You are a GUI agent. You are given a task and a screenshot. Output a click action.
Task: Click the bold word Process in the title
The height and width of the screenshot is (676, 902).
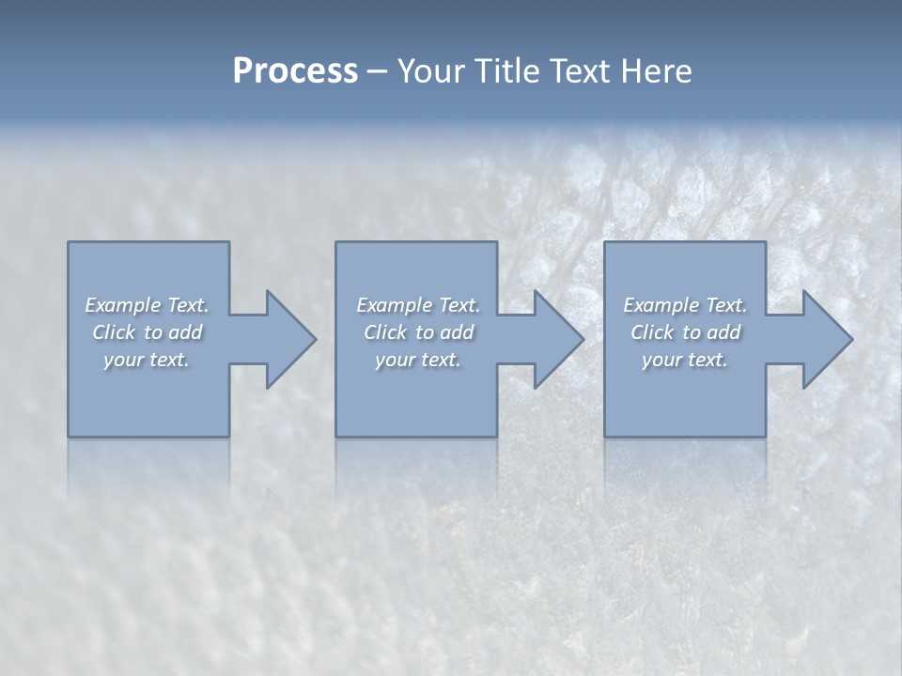click(295, 71)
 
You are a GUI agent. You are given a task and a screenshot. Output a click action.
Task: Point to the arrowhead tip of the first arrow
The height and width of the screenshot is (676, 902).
click(316, 339)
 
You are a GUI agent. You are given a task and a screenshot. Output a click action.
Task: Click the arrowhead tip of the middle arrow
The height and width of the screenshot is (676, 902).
click(583, 339)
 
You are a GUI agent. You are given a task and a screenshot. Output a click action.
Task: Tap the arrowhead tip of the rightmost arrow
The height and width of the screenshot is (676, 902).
click(852, 339)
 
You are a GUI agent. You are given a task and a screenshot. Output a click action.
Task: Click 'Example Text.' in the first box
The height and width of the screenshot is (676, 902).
click(147, 305)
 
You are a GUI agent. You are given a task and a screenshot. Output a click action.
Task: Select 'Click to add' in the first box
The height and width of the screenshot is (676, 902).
click(147, 332)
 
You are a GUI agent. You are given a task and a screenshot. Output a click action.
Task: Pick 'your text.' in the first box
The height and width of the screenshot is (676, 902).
click(147, 360)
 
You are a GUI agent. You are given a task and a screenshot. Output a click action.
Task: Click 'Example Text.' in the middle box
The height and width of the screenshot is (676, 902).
click(418, 305)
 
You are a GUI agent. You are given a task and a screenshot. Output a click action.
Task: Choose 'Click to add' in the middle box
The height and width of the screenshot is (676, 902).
click(418, 332)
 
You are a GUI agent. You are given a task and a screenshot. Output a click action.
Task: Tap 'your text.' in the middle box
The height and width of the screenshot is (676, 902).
click(418, 360)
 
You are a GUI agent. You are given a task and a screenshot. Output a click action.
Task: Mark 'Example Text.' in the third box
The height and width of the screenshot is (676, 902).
click(685, 305)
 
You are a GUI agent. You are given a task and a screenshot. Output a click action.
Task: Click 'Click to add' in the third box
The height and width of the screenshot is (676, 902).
click(685, 332)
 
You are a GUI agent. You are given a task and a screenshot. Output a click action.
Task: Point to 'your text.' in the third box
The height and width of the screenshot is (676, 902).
click(685, 360)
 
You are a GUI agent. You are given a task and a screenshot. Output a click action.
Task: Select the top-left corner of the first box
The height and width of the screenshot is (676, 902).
click(69, 242)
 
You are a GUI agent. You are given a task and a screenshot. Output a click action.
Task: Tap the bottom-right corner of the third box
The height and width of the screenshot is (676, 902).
click(765, 436)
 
